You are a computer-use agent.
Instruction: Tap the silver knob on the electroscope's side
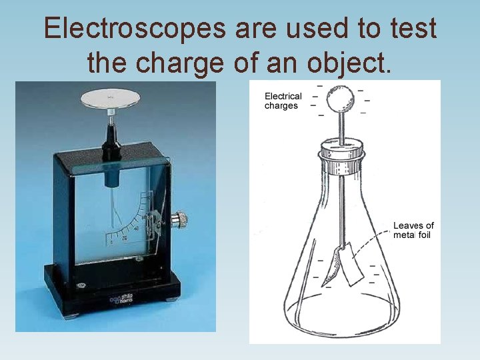[178, 219]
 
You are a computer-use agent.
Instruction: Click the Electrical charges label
[283, 101]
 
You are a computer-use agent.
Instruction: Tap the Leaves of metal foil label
[413, 230]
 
